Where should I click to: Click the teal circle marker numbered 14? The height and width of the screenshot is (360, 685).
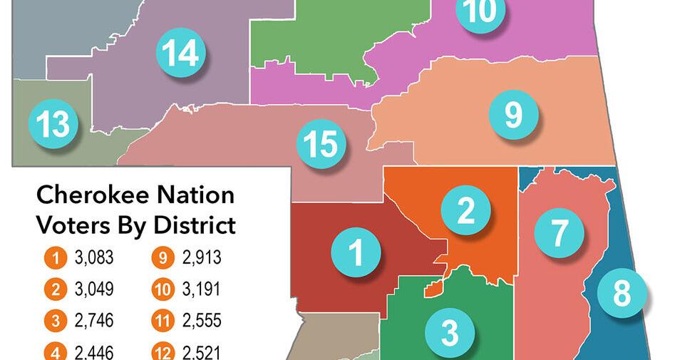point(180,53)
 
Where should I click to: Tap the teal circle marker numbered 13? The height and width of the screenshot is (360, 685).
point(53,124)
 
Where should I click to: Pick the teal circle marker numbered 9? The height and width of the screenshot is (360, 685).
point(513,114)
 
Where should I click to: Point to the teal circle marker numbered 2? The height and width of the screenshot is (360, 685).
point(466,210)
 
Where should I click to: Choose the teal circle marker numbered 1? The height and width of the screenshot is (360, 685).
point(355,252)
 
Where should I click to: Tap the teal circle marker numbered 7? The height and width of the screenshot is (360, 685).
point(560,232)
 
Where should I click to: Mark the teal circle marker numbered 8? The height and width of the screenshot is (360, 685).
point(622,292)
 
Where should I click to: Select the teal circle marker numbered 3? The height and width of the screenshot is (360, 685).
point(450,331)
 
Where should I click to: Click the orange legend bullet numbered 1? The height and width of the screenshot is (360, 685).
point(55,258)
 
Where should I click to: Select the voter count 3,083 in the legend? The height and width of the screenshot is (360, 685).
point(94,258)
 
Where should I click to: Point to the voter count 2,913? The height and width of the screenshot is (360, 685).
point(202,258)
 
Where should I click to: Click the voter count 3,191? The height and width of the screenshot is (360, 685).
point(202,289)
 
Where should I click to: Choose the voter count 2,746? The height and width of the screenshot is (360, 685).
point(94,321)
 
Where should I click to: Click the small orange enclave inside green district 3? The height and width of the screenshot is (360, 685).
point(432,288)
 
